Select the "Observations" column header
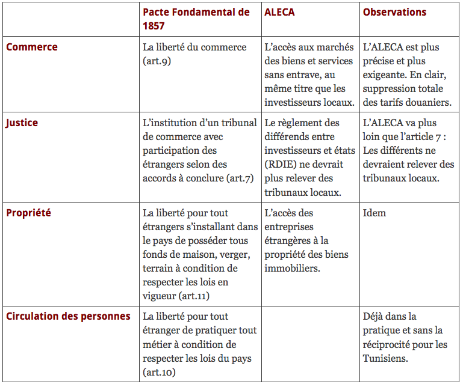(x=394, y=13)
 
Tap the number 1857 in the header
(x=154, y=26)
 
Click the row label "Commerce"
(x=32, y=47)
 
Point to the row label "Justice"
(x=22, y=123)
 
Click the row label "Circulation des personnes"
(x=68, y=316)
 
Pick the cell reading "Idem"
(x=374, y=213)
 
